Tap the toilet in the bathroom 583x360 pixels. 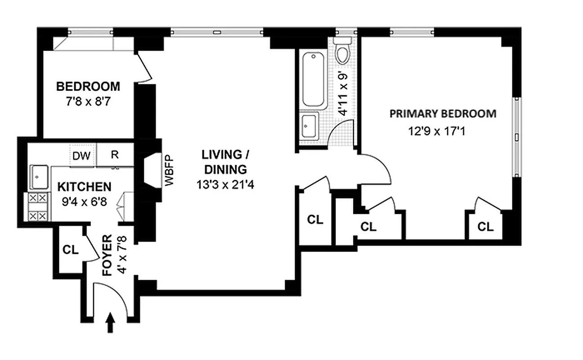(x=343, y=52)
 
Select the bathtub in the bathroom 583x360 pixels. (x=313, y=80)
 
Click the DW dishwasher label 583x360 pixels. (x=82, y=155)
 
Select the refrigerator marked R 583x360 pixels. (x=115, y=155)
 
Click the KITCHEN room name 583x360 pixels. (x=84, y=186)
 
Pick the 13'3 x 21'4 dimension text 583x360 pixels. (x=225, y=184)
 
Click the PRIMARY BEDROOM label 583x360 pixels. (x=443, y=113)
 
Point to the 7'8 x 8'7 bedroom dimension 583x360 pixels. (x=88, y=101)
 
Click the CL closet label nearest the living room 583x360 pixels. (x=315, y=220)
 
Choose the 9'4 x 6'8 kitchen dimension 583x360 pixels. (x=85, y=202)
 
